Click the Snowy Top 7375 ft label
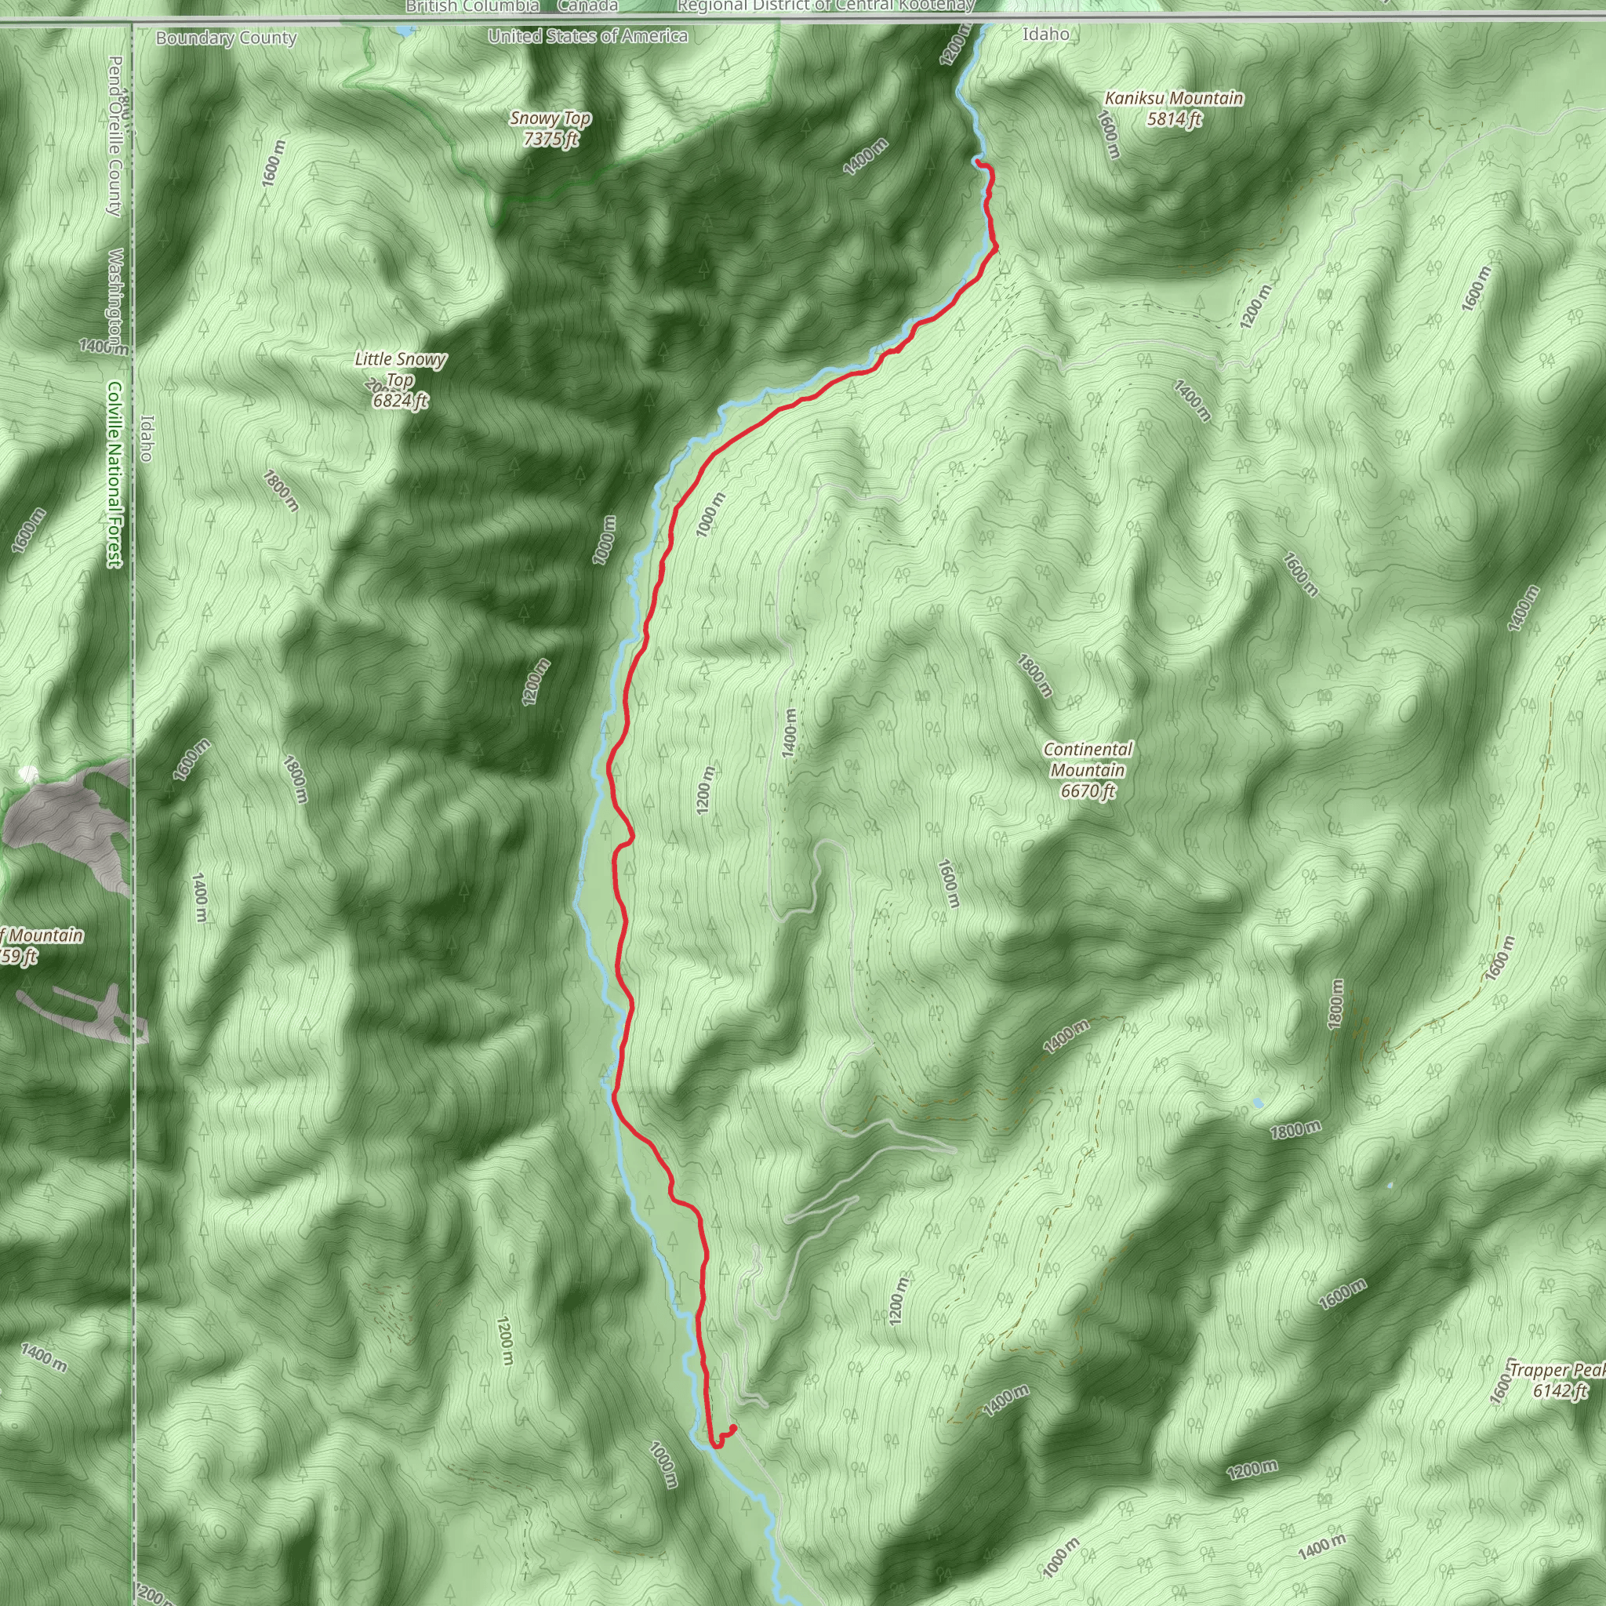[550, 129]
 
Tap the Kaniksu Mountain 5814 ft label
[1174, 109]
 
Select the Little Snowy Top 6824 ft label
[400, 380]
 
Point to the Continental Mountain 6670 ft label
[1088, 771]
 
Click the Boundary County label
[226, 38]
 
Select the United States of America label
[587, 36]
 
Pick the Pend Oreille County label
[115, 136]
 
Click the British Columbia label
[472, 6]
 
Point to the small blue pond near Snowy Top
[404, 31]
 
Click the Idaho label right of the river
[1046, 34]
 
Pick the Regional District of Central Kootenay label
[826, 6]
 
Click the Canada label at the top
[587, 6]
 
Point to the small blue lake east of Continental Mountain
[1258, 1103]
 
